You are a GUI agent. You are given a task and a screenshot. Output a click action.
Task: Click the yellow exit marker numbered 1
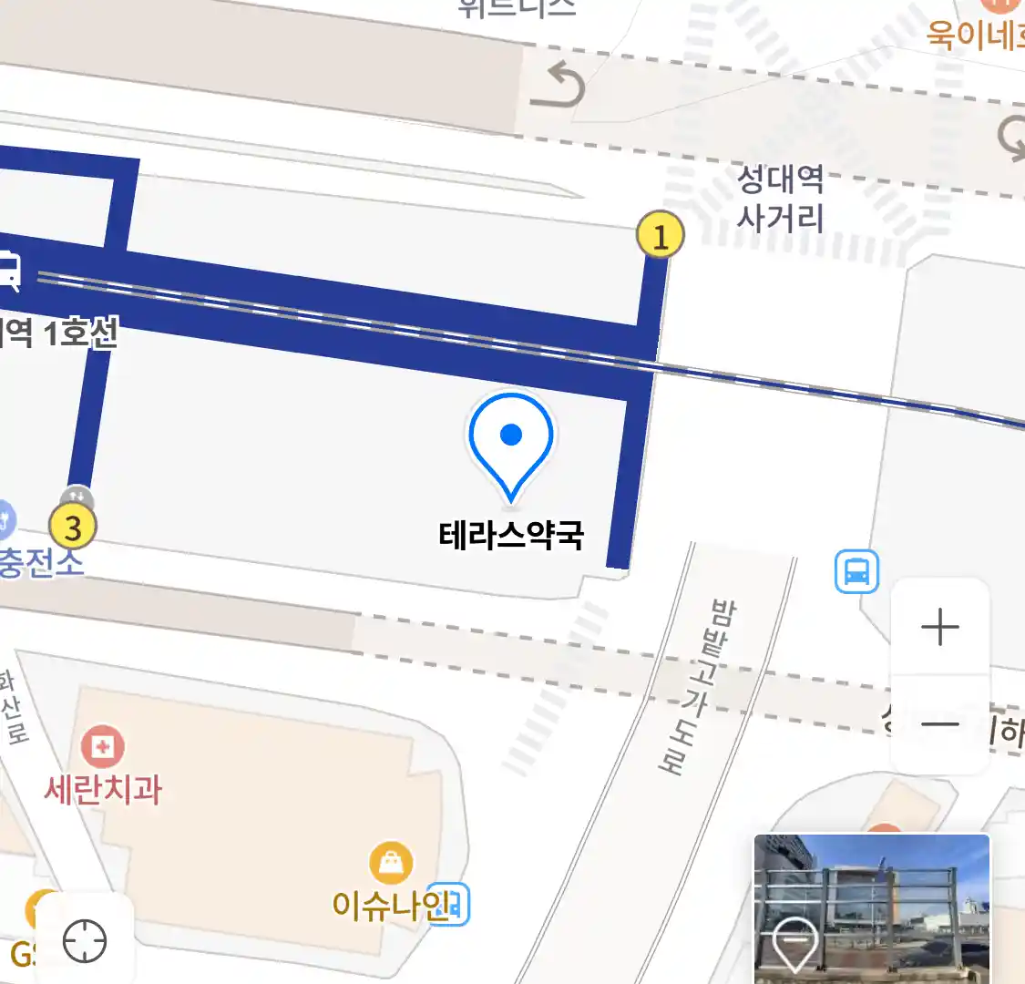pyautogui.click(x=661, y=235)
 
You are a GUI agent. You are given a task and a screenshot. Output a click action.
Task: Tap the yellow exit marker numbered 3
pyautogui.click(x=72, y=527)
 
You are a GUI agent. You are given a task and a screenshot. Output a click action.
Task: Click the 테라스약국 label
pyautogui.click(x=511, y=535)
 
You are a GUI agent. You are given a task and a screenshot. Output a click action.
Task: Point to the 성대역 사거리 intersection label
pyautogui.click(x=780, y=198)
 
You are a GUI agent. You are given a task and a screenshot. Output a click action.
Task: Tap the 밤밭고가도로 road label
pyautogui.click(x=698, y=685)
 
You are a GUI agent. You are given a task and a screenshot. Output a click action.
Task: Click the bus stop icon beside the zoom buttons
pyautogui.click(x=856, y=572)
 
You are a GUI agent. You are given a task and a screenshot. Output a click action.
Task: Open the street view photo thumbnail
pyautogui.click(x=871, y=907)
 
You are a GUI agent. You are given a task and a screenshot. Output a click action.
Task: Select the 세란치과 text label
pyautogui.click(x=103, y=789)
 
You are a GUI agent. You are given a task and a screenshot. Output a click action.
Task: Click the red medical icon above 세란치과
pyautogui.click(x=103, y=747)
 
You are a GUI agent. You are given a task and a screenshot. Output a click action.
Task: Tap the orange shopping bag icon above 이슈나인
pyautogui.click(x=391, y=863)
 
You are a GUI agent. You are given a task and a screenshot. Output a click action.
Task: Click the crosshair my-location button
pyautogui.click(x=85, y=941)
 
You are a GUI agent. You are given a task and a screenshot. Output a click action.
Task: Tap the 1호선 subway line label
pyautogui.click(x=80, y=333)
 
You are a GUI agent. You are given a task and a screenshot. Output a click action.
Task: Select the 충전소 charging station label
pyautogui.click(x=40, y=562)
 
